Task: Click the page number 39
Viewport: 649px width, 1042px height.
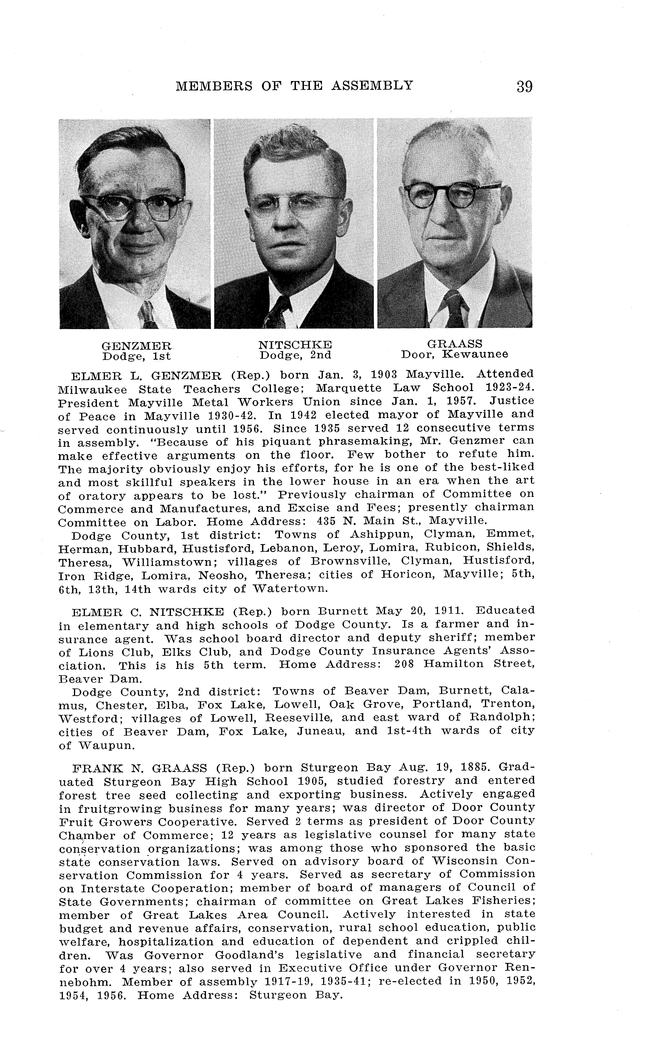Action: (x=525, y=87)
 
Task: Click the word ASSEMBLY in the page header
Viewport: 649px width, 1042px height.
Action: (x=373, y=86)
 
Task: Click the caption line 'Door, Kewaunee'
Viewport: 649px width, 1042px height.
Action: (x=455, y=355)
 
